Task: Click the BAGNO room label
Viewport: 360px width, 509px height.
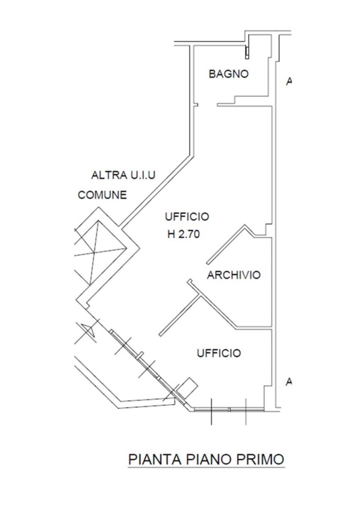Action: [x=228, y=74]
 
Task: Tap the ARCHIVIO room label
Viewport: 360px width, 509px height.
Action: [x=234, y=275]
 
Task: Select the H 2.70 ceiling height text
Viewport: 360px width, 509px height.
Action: [x=183, y=234]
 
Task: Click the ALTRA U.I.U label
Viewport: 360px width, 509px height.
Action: [x=123, y=175]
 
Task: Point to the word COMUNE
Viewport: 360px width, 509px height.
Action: [x=102, y=195]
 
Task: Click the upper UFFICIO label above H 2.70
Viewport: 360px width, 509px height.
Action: [x=187, y=217]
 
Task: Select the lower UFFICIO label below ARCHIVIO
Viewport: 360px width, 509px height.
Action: [x=219, y=353]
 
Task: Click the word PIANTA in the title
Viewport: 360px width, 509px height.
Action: [x=153, y=459]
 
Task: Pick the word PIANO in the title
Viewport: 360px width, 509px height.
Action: [x=206, y=459]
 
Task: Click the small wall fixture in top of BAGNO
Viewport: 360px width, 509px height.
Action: [x=247, y=52]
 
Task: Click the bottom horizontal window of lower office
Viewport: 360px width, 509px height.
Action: [x=229, y=410]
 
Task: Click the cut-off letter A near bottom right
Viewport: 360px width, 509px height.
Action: [x=288, y=382]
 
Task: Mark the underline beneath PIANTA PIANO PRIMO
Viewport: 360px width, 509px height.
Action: [x=206, y=467]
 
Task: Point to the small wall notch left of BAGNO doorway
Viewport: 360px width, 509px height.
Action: [x=196, y=105]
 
